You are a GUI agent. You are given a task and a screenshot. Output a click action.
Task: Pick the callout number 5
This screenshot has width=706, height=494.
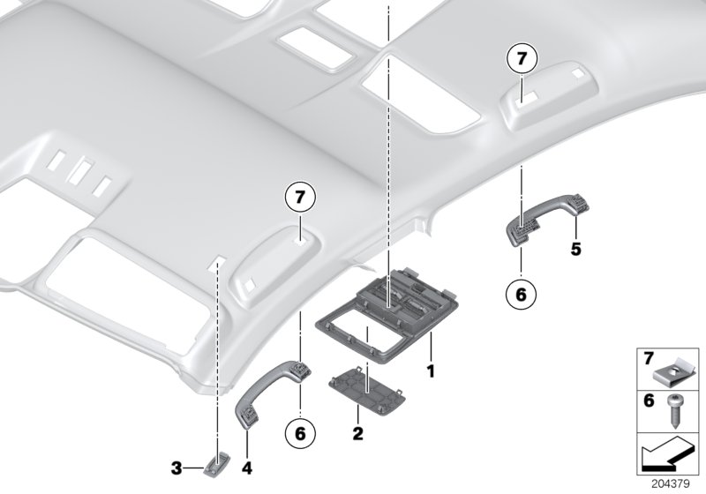[575, 250]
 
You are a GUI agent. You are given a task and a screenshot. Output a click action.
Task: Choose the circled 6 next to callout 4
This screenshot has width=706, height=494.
[299, 434]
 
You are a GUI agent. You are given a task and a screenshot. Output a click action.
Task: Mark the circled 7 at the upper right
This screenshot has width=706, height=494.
[521, 60]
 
